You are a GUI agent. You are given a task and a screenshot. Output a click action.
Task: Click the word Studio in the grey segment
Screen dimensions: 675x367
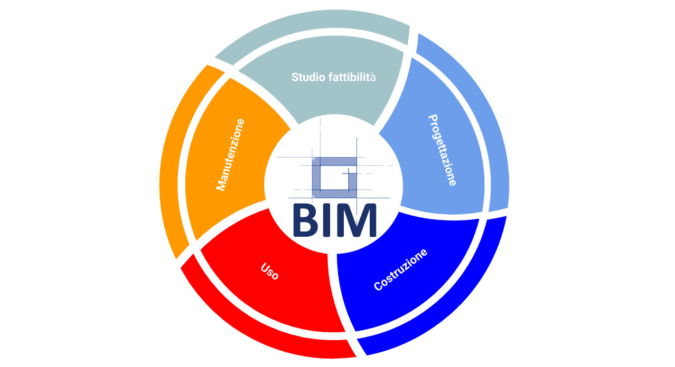pyautogui.click(x=308, y=78)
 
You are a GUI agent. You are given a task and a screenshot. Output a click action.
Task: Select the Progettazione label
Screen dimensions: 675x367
pyautogui.click(x=443, y=150)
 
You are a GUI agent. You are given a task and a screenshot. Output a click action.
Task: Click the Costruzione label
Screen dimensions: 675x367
pyautogui.click(x=400, y=270)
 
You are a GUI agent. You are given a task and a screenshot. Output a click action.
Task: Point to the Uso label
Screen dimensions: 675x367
pyautogui.click(x=270, y=272)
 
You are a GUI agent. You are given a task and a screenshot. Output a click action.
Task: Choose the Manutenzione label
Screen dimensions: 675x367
pyautogui.click(x=230, y=154)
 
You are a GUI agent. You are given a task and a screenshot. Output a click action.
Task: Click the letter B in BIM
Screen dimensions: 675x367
pyautogui.click(x=305, y=220)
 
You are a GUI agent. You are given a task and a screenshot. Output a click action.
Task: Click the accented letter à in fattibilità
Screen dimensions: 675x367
pyautogui.click(x=373, y=78)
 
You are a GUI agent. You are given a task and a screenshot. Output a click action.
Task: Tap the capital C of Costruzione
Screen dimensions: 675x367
pyautogui.click(x=378, y=286)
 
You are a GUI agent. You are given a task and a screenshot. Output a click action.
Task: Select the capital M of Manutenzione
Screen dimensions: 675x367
pyautogui.click(x=221, y=185)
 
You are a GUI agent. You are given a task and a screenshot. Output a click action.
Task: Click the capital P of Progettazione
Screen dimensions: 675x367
pyautogui.click(x=433, y=119)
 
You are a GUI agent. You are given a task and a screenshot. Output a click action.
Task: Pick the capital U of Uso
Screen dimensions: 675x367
pyautogui.click(x=265, y=267)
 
